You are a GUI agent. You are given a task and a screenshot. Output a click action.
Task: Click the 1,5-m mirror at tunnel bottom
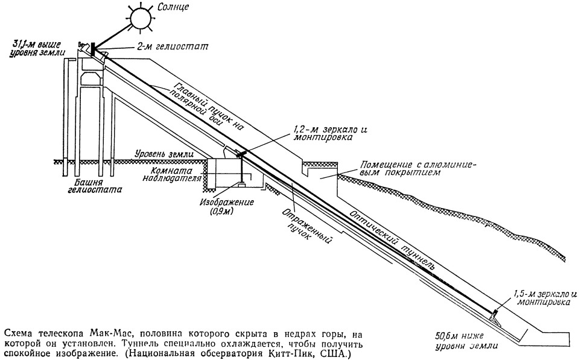(494, 314)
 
